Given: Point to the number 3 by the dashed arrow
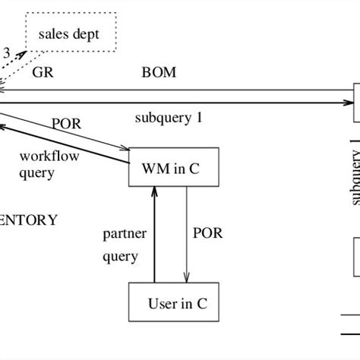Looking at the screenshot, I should pyautogui.click(x=7, y=53).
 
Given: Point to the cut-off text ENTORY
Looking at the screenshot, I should pyautogui.click(x=29, y=220).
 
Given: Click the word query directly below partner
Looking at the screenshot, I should pyautogui.click(x=121, y=256).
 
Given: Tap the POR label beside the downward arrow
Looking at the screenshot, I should pyautogui.click(x=208, y=233).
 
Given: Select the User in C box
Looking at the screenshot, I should pyautogui.click(x=173, y=304).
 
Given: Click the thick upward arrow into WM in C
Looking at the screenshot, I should pyautogui.click(x=154, y=235).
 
